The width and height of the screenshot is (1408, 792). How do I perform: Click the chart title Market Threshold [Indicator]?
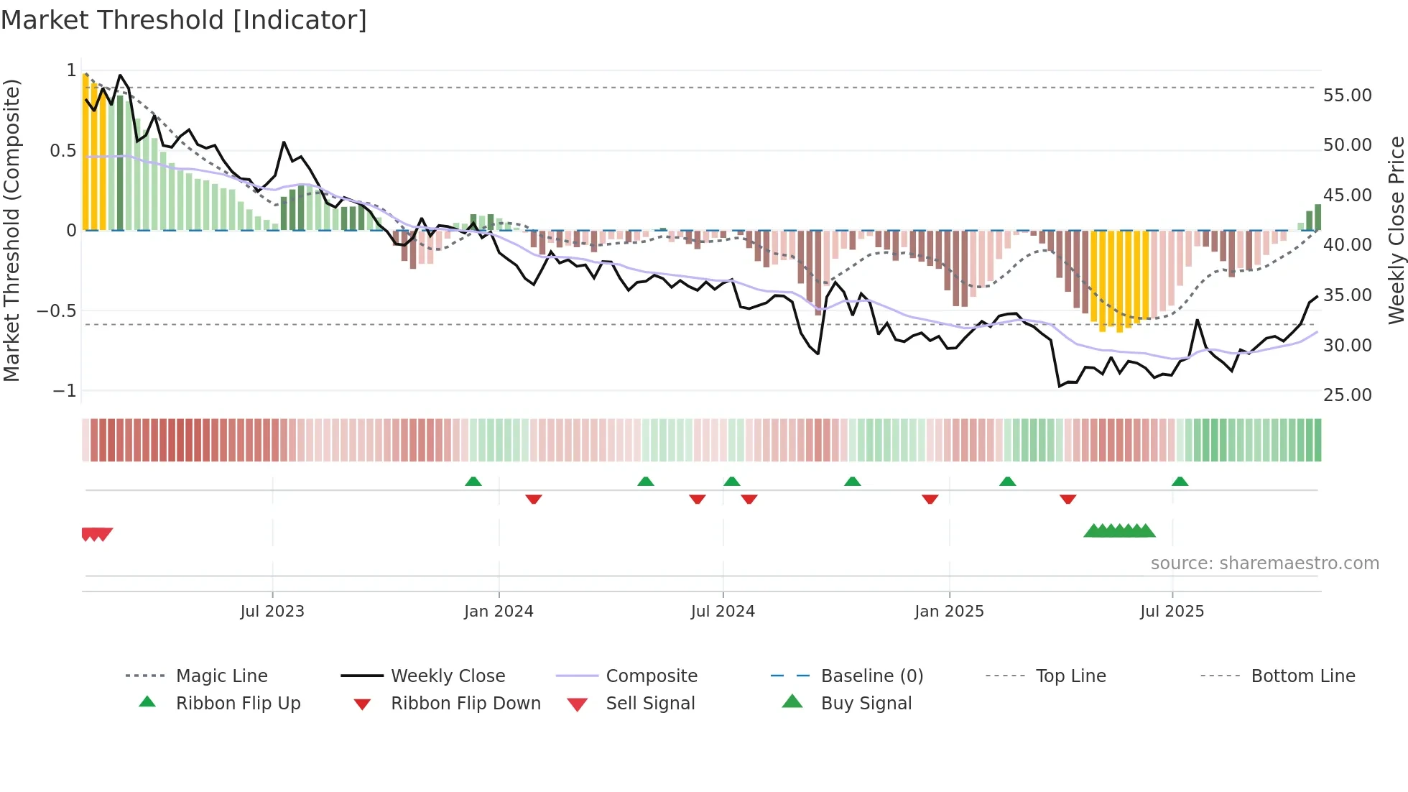coord(184,20)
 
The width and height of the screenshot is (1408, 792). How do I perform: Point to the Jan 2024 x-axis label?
coord(499,612)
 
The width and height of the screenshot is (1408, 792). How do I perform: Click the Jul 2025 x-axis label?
coord(1172,612)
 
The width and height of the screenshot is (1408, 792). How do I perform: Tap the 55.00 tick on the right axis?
coord(1347,96)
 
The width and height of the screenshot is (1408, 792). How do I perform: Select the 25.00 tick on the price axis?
coord(1347,395)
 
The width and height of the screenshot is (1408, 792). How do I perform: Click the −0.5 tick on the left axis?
coord(57,311)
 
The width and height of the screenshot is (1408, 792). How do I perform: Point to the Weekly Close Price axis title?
coord(1396,230)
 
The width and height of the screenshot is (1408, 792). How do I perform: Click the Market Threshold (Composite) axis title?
coord(11,230)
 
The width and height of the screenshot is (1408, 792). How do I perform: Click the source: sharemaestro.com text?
coord(1264,563)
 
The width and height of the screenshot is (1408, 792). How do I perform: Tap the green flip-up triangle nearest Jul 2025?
coord(1180,482)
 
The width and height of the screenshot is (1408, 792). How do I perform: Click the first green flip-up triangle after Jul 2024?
coord(731,482)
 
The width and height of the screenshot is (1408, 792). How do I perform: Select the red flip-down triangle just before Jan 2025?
coord(930,499)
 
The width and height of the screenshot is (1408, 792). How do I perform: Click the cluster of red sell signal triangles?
coord(96,534)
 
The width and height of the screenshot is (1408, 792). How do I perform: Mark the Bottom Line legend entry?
coord(1302,676)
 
